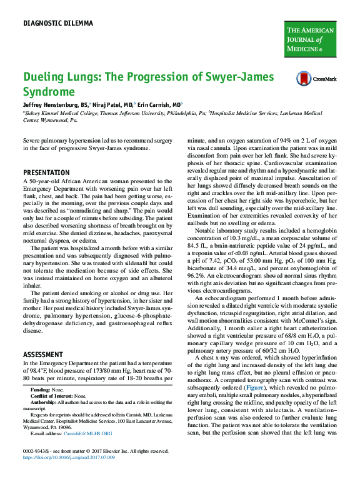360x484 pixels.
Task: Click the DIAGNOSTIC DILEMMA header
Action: [57, 24]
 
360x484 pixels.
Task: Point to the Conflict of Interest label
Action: [52, 396]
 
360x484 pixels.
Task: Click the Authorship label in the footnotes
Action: [43, 402]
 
